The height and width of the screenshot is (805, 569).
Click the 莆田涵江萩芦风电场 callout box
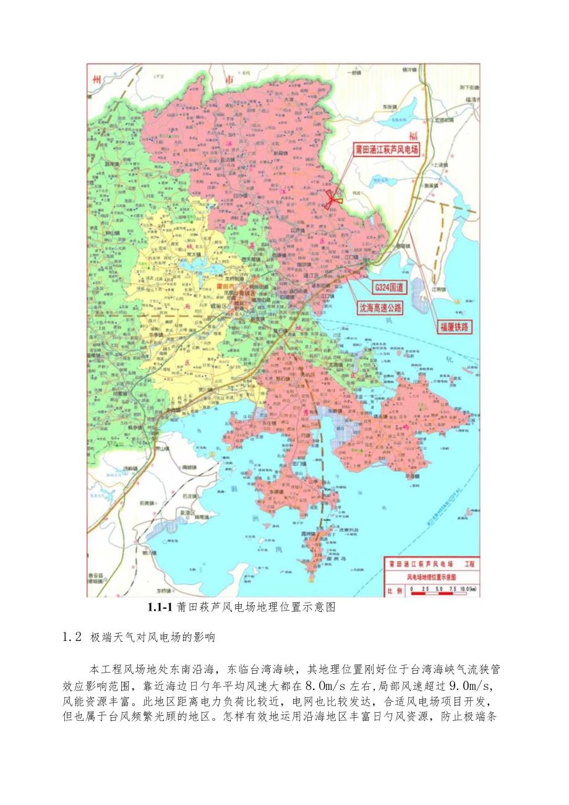coord(387,149)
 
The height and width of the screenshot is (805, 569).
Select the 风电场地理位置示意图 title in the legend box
coord(421,576)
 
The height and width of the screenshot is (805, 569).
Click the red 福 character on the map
coord(406,136)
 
